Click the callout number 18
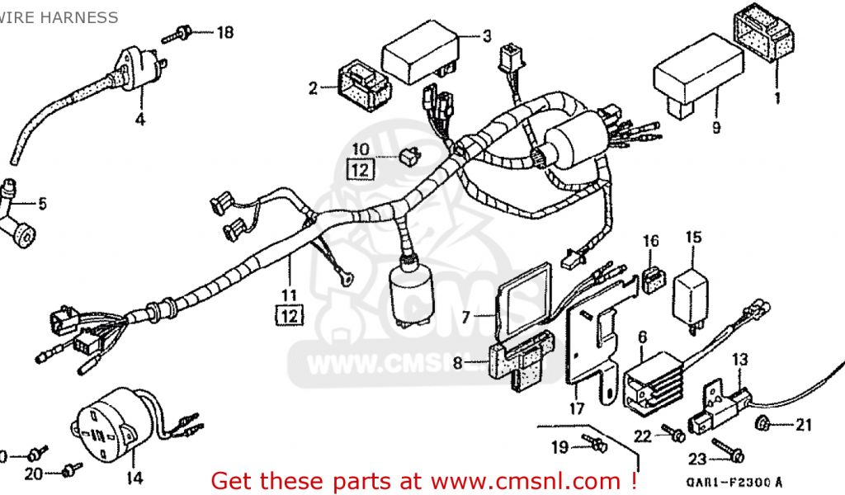coord(224,33)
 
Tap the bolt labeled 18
coord(181,35)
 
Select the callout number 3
coord(487,35)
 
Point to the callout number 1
coord(775,99)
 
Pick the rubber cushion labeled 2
coord(362,84)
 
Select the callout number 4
coord(139,119)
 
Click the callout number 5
coord(42,203)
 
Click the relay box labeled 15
coord(693,290)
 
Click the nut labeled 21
coord(763,424)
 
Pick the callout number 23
coord(698,458)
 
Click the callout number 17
coord(576,408)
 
